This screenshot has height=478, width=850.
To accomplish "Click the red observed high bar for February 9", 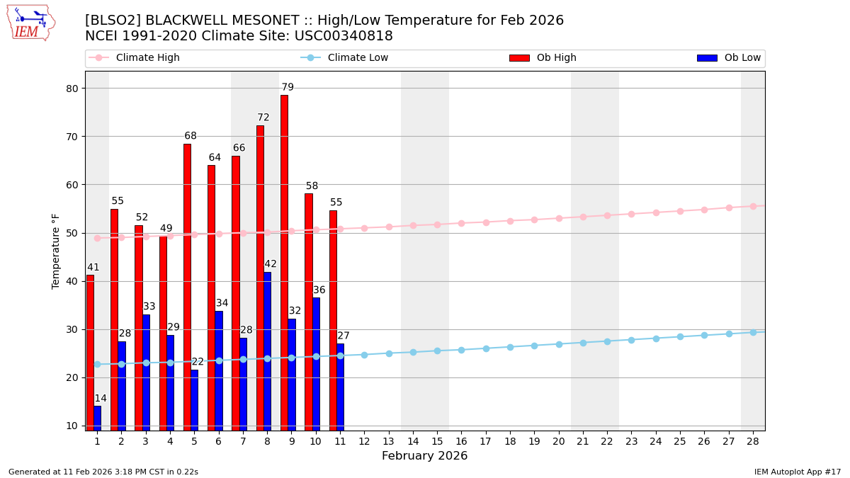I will pos(284,262).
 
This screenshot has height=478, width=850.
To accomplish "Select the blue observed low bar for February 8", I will pos(267,351).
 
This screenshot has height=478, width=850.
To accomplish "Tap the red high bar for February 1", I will pos(90,352).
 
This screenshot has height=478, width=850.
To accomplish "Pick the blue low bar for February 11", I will pos(340,387).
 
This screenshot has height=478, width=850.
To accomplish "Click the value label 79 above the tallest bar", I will pos(288,88).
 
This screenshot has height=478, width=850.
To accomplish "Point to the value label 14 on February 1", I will pos(101,399).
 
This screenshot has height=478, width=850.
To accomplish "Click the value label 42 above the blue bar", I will pos(271,264).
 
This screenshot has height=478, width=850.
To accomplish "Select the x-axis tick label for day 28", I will pos(753,441).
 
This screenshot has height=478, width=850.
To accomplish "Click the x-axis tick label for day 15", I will pos(437,441).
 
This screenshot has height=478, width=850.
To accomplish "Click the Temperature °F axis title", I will pos(56,251).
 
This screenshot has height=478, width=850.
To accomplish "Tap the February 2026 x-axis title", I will pos(425,456).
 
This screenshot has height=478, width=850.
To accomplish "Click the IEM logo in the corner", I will pos(30,23).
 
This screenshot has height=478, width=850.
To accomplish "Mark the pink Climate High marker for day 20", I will pos(559,218).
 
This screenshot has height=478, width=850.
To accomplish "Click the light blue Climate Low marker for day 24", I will pos(656,338).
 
